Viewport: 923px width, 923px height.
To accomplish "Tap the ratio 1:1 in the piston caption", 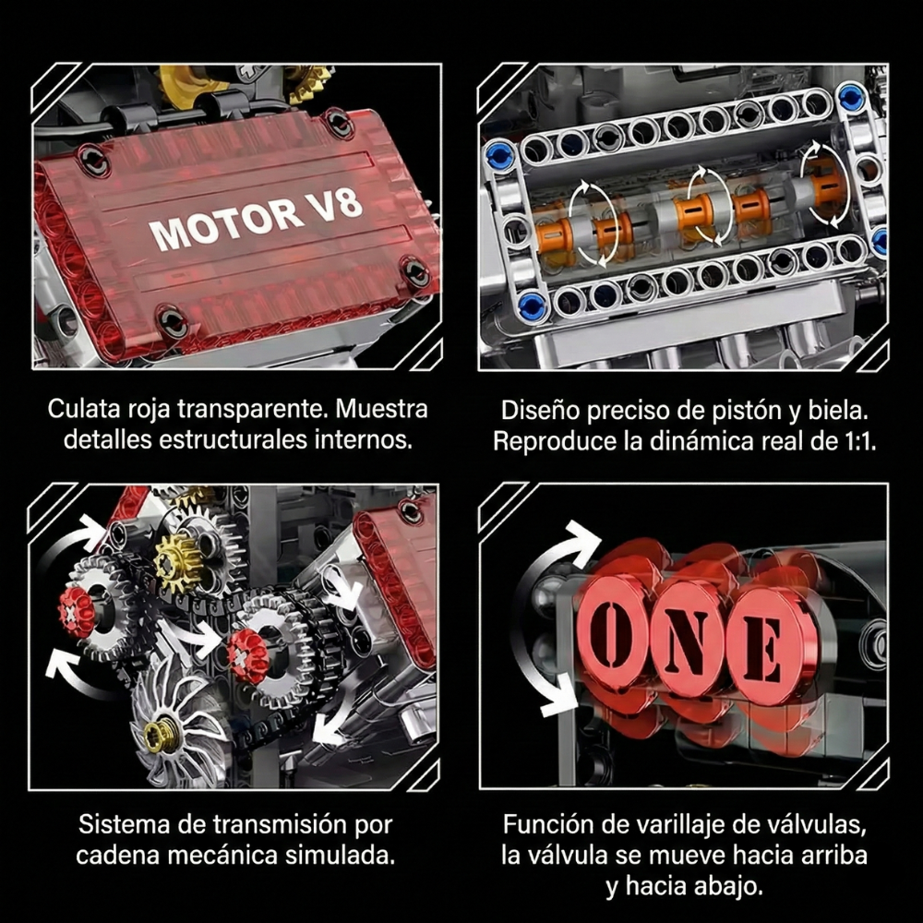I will click(x=856, y=440).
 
